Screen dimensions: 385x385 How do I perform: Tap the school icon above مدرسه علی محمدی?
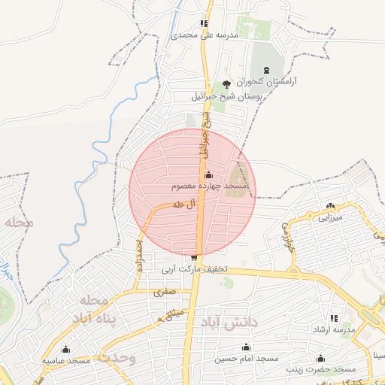point(205,23)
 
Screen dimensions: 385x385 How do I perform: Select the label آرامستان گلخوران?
point(267,80)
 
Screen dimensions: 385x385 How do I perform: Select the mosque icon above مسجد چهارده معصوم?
point(208,174)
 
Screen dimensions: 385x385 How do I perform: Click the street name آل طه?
point(183,204)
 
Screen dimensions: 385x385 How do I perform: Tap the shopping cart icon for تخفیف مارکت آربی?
point(195,259)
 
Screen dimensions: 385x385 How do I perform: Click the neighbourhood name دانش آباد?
point(230,322)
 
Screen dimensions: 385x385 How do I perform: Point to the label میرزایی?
point(330,218)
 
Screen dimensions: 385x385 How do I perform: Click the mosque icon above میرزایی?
point(330,206)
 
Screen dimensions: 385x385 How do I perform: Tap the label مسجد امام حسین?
point(245,359)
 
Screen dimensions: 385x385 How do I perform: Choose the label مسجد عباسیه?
point(66,361)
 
